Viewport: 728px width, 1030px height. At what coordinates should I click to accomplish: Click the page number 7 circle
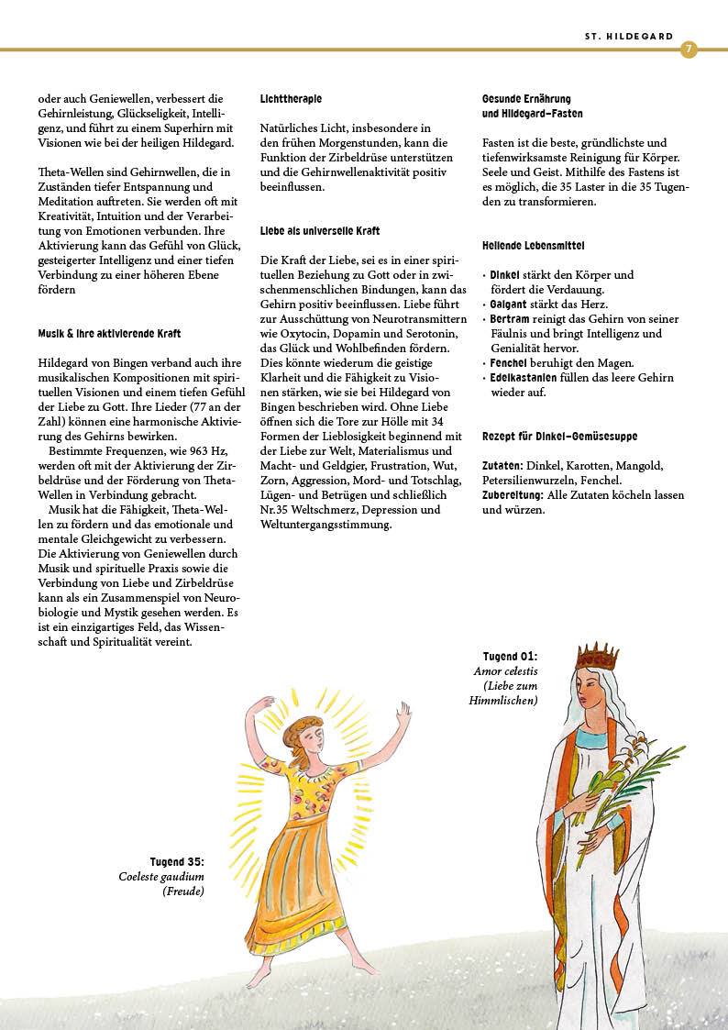click(x=689, y=50)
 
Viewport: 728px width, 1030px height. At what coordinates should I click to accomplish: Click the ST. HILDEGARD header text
click(x=629, y=37)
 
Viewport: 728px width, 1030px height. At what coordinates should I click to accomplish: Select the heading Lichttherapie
click(x=291, y=98)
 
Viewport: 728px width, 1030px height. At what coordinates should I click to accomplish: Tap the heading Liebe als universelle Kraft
click(x=320, y=231)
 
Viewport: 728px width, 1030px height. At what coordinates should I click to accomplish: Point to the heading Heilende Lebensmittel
click(x=533, y=246)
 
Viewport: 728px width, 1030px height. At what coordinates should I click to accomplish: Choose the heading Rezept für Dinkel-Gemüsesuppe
click(x=559, y=437)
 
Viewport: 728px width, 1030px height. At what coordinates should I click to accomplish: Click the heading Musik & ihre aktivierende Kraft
click(x=109, y=334)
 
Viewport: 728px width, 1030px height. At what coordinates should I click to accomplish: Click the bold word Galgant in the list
click(x=509, y=304)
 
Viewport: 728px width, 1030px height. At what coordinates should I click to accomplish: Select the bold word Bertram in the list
click(x=510, y=318)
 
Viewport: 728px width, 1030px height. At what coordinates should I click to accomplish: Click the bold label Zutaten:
click(x=502, y=466)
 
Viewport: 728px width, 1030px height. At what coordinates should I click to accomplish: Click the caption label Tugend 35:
click(x=177, y=862)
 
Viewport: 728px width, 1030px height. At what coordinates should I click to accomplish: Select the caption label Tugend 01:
click(x=510, y=657)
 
